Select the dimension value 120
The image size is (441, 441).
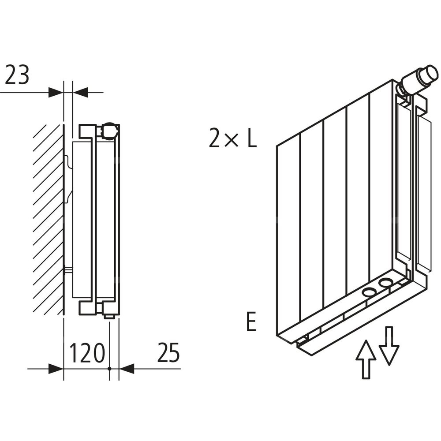[87, 353]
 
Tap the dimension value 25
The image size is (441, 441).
[168, 353]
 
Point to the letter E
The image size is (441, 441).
[251, 322]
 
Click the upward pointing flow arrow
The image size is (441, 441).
[366, 359]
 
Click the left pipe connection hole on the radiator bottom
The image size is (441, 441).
[369, 292]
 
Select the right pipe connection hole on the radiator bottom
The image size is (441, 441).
[386, 283]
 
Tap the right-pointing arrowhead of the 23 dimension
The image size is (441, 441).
[56, 93]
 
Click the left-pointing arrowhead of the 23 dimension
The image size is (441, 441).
[81, 93]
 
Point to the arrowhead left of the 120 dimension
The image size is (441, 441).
[56, 369]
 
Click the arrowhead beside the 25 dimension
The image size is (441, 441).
[127, 369]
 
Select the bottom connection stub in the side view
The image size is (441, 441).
[109, 314]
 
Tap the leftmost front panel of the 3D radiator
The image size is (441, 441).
[288, 238]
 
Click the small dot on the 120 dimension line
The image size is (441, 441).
[109, 369]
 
